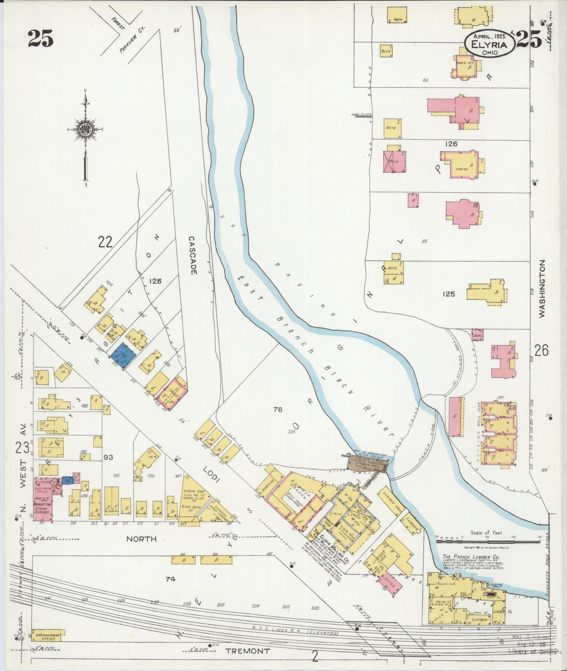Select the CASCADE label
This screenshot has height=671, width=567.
click(x=192, y=255)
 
